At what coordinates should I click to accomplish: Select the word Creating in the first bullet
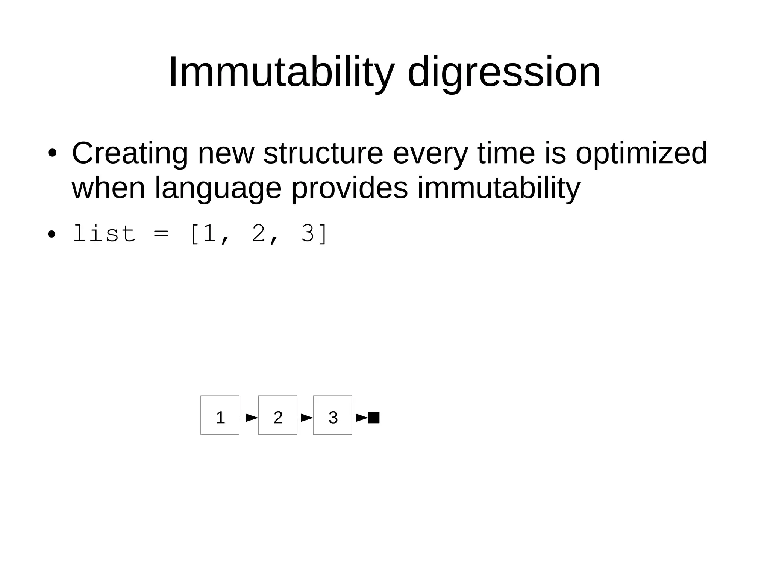130,154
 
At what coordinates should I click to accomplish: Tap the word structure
323,153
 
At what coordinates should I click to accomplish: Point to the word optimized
641,154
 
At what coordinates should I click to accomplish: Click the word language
218,189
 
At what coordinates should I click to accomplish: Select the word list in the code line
104,234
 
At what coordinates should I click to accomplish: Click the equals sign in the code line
161,234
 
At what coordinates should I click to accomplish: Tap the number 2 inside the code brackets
259,234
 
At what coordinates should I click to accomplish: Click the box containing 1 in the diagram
220,415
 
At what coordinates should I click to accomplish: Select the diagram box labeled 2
277,415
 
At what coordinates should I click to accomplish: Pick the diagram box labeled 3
332,415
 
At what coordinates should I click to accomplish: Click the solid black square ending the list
374,418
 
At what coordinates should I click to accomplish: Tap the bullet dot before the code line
52,235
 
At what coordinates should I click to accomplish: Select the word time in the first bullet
506,153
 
